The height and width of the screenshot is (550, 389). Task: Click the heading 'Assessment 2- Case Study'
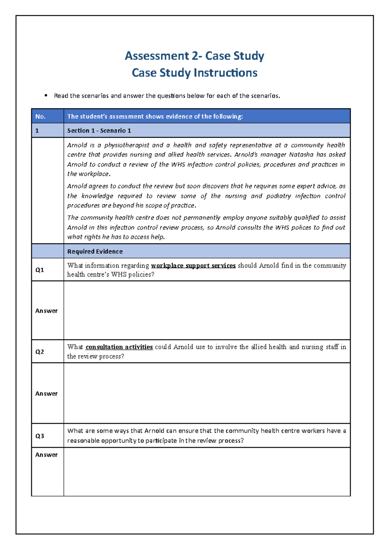point(194,56)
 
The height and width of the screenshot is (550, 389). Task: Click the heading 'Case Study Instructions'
point(194,73)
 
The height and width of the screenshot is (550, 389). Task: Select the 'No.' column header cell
point(41,117)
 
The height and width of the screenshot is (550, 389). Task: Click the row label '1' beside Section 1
point(37,131)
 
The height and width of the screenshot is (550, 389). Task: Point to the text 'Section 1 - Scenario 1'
point(99,131)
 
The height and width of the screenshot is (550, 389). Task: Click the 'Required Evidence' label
point(95,251)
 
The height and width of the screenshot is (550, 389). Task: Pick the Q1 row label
point(40,270)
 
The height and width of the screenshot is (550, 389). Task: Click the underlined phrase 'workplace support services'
point(193,266)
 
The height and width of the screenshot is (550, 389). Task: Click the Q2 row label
point(40,352)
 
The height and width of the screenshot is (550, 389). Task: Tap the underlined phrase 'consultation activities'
point(119,347)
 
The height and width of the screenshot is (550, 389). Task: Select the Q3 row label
point(40,436)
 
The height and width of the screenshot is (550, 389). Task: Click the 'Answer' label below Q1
point(46,311)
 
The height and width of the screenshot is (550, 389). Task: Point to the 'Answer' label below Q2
point(46,394)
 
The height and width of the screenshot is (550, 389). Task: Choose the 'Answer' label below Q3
point(46,455)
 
